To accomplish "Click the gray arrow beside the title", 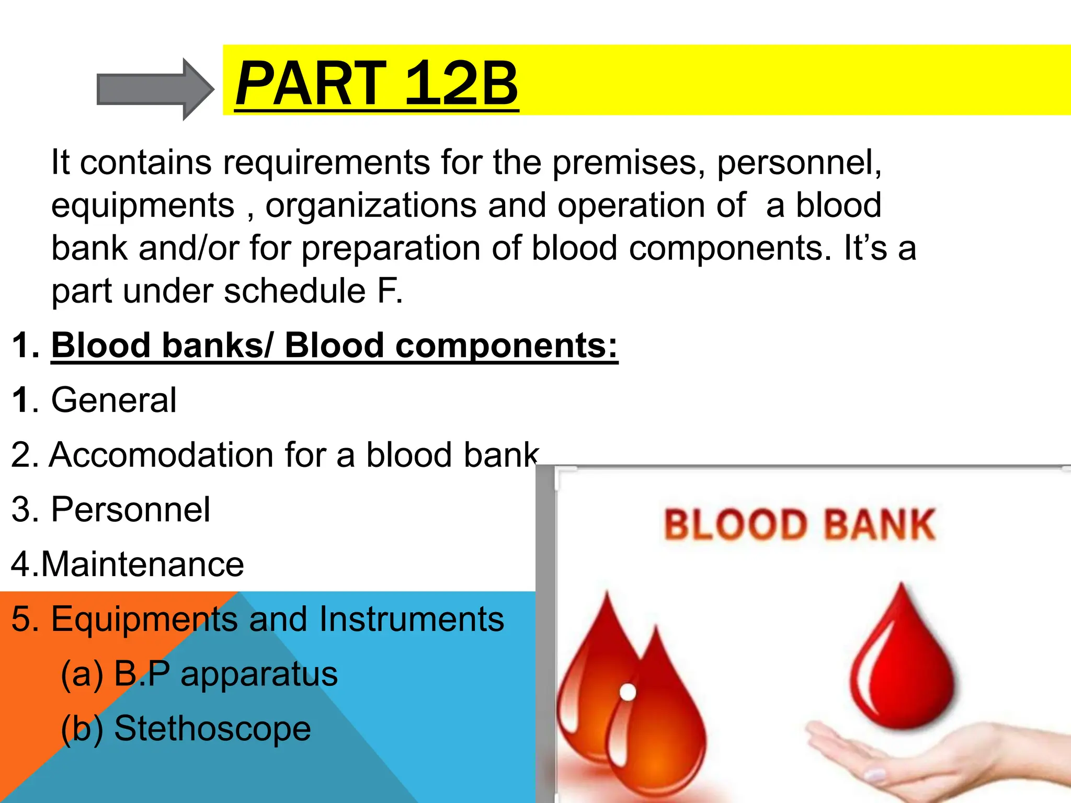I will click(x=154, y=89).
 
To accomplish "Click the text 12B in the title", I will click(x=461, y=83).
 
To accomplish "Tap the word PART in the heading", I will click(x=312, y=83).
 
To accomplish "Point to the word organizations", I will click(x=371, y=205).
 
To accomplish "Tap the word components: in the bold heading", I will click(x=506, y=346).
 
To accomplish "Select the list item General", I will click(x=113, y=400).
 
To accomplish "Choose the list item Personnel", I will click(x=130, y=510).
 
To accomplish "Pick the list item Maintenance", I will click(x=142, y=565).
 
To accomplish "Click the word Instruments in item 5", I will click(x=412, y=620).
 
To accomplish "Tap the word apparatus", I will click(x=259, y=674).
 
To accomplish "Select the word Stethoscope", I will click(x=212, y=729).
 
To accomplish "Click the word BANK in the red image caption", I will click(x=880, y=525).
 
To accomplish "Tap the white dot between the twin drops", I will click(x=628, y=692).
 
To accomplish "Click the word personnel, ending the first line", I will click(x=799, y=163).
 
